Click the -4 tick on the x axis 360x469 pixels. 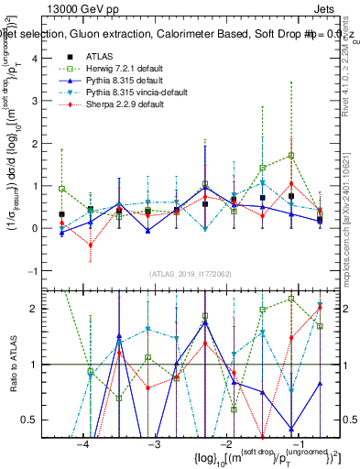[x=83, y=443]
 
